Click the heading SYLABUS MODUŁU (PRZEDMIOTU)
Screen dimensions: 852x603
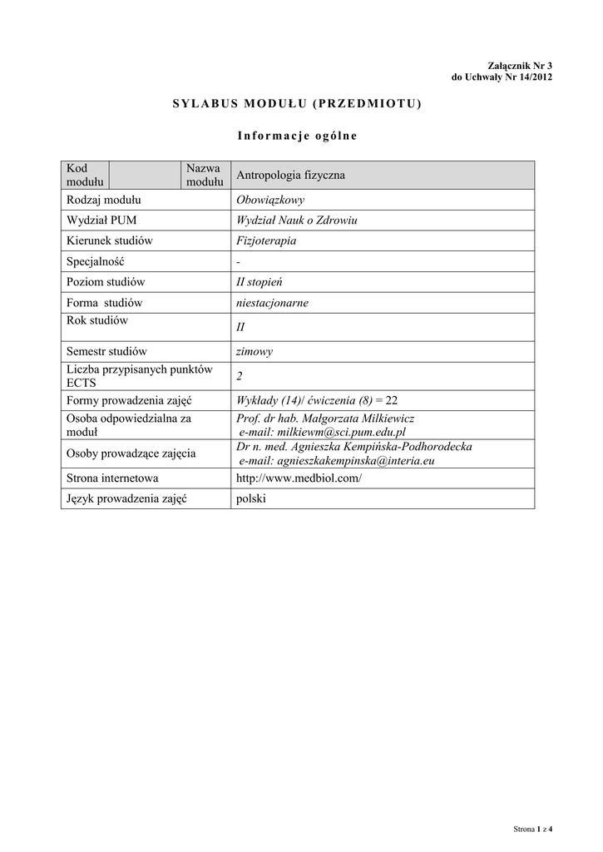coord(297,103)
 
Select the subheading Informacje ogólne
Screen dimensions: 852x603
coord(297,136)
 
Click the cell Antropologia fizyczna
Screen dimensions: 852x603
coord(290,176)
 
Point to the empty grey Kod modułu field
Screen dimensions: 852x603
coord(146,176)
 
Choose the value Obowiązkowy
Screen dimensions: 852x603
coord(270,200)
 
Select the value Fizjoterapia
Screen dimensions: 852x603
coord(266,241)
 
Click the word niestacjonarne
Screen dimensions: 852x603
coord(273,303)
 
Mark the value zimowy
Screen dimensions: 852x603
coord(255,351)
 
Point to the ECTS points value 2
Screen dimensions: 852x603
coord(240,376)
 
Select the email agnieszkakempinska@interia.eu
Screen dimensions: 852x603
coord(336,460)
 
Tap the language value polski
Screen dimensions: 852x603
coord(251,498)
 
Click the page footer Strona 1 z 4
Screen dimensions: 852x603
coord(533,829)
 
